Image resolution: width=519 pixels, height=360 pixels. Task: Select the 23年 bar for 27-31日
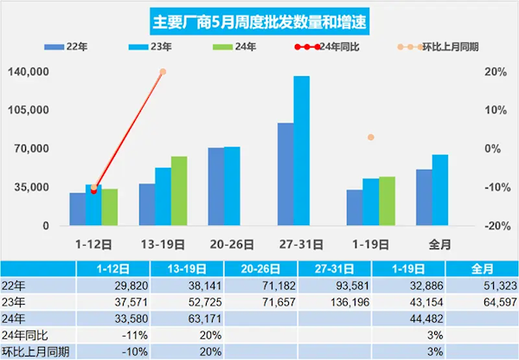301,151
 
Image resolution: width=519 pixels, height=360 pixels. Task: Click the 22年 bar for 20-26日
216,186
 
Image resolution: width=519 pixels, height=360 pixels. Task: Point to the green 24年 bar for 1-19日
387,201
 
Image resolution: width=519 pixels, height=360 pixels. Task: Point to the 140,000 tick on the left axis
28,72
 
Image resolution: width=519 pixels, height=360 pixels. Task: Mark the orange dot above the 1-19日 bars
370,138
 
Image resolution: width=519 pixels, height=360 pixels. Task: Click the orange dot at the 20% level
163,72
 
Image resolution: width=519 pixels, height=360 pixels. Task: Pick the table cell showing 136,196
302,301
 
